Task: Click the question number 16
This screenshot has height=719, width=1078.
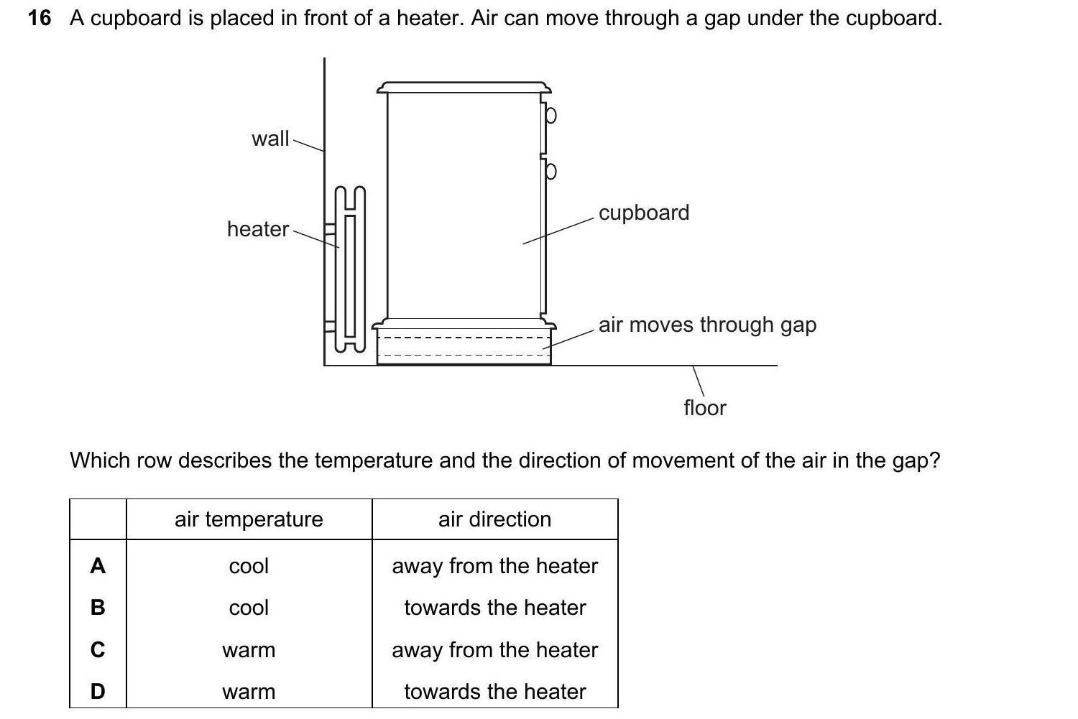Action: (40, 18)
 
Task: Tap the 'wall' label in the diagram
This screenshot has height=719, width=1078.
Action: (270, 138)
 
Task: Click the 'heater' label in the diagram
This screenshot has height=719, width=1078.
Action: (257, 228)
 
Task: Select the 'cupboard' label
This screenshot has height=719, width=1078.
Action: (643, 213)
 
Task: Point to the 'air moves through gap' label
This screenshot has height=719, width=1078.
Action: (707, 325)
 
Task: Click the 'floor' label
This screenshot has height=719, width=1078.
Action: (704, 408)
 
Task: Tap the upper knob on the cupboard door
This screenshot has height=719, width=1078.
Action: (550, 115)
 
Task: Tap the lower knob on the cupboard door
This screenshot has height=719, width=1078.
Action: (550, 171)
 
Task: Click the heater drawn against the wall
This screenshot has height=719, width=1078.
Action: (350, 269)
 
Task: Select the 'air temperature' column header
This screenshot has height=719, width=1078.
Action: (249, 519)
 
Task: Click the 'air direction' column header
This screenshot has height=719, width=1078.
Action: (494, 519)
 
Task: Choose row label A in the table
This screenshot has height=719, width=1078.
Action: (98, 566)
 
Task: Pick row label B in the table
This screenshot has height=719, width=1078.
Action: (98, 608)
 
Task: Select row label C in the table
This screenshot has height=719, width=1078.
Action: (98, 650)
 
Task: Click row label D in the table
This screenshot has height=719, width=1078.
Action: (98, 692)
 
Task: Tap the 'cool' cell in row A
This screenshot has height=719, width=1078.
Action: (249, 566)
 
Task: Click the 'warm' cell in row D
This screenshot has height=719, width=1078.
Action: (249, 692)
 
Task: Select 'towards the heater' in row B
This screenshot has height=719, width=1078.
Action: (494, 608)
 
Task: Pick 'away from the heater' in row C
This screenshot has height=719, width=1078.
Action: (494, 650)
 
